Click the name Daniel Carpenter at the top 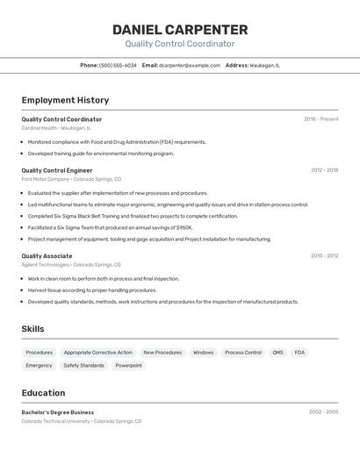180,30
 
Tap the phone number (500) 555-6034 118,65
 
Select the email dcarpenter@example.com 190,65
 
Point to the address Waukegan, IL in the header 264,65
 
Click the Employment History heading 65,100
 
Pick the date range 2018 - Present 320,119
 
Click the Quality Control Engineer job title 57,170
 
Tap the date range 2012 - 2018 324,170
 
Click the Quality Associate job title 47,256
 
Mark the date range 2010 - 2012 324,256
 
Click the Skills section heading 32,329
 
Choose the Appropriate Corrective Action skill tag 97,353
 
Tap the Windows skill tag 203,353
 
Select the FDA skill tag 299,353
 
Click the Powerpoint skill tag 128,365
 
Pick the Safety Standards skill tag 83,365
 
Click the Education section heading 43,393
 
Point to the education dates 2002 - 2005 323,411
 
